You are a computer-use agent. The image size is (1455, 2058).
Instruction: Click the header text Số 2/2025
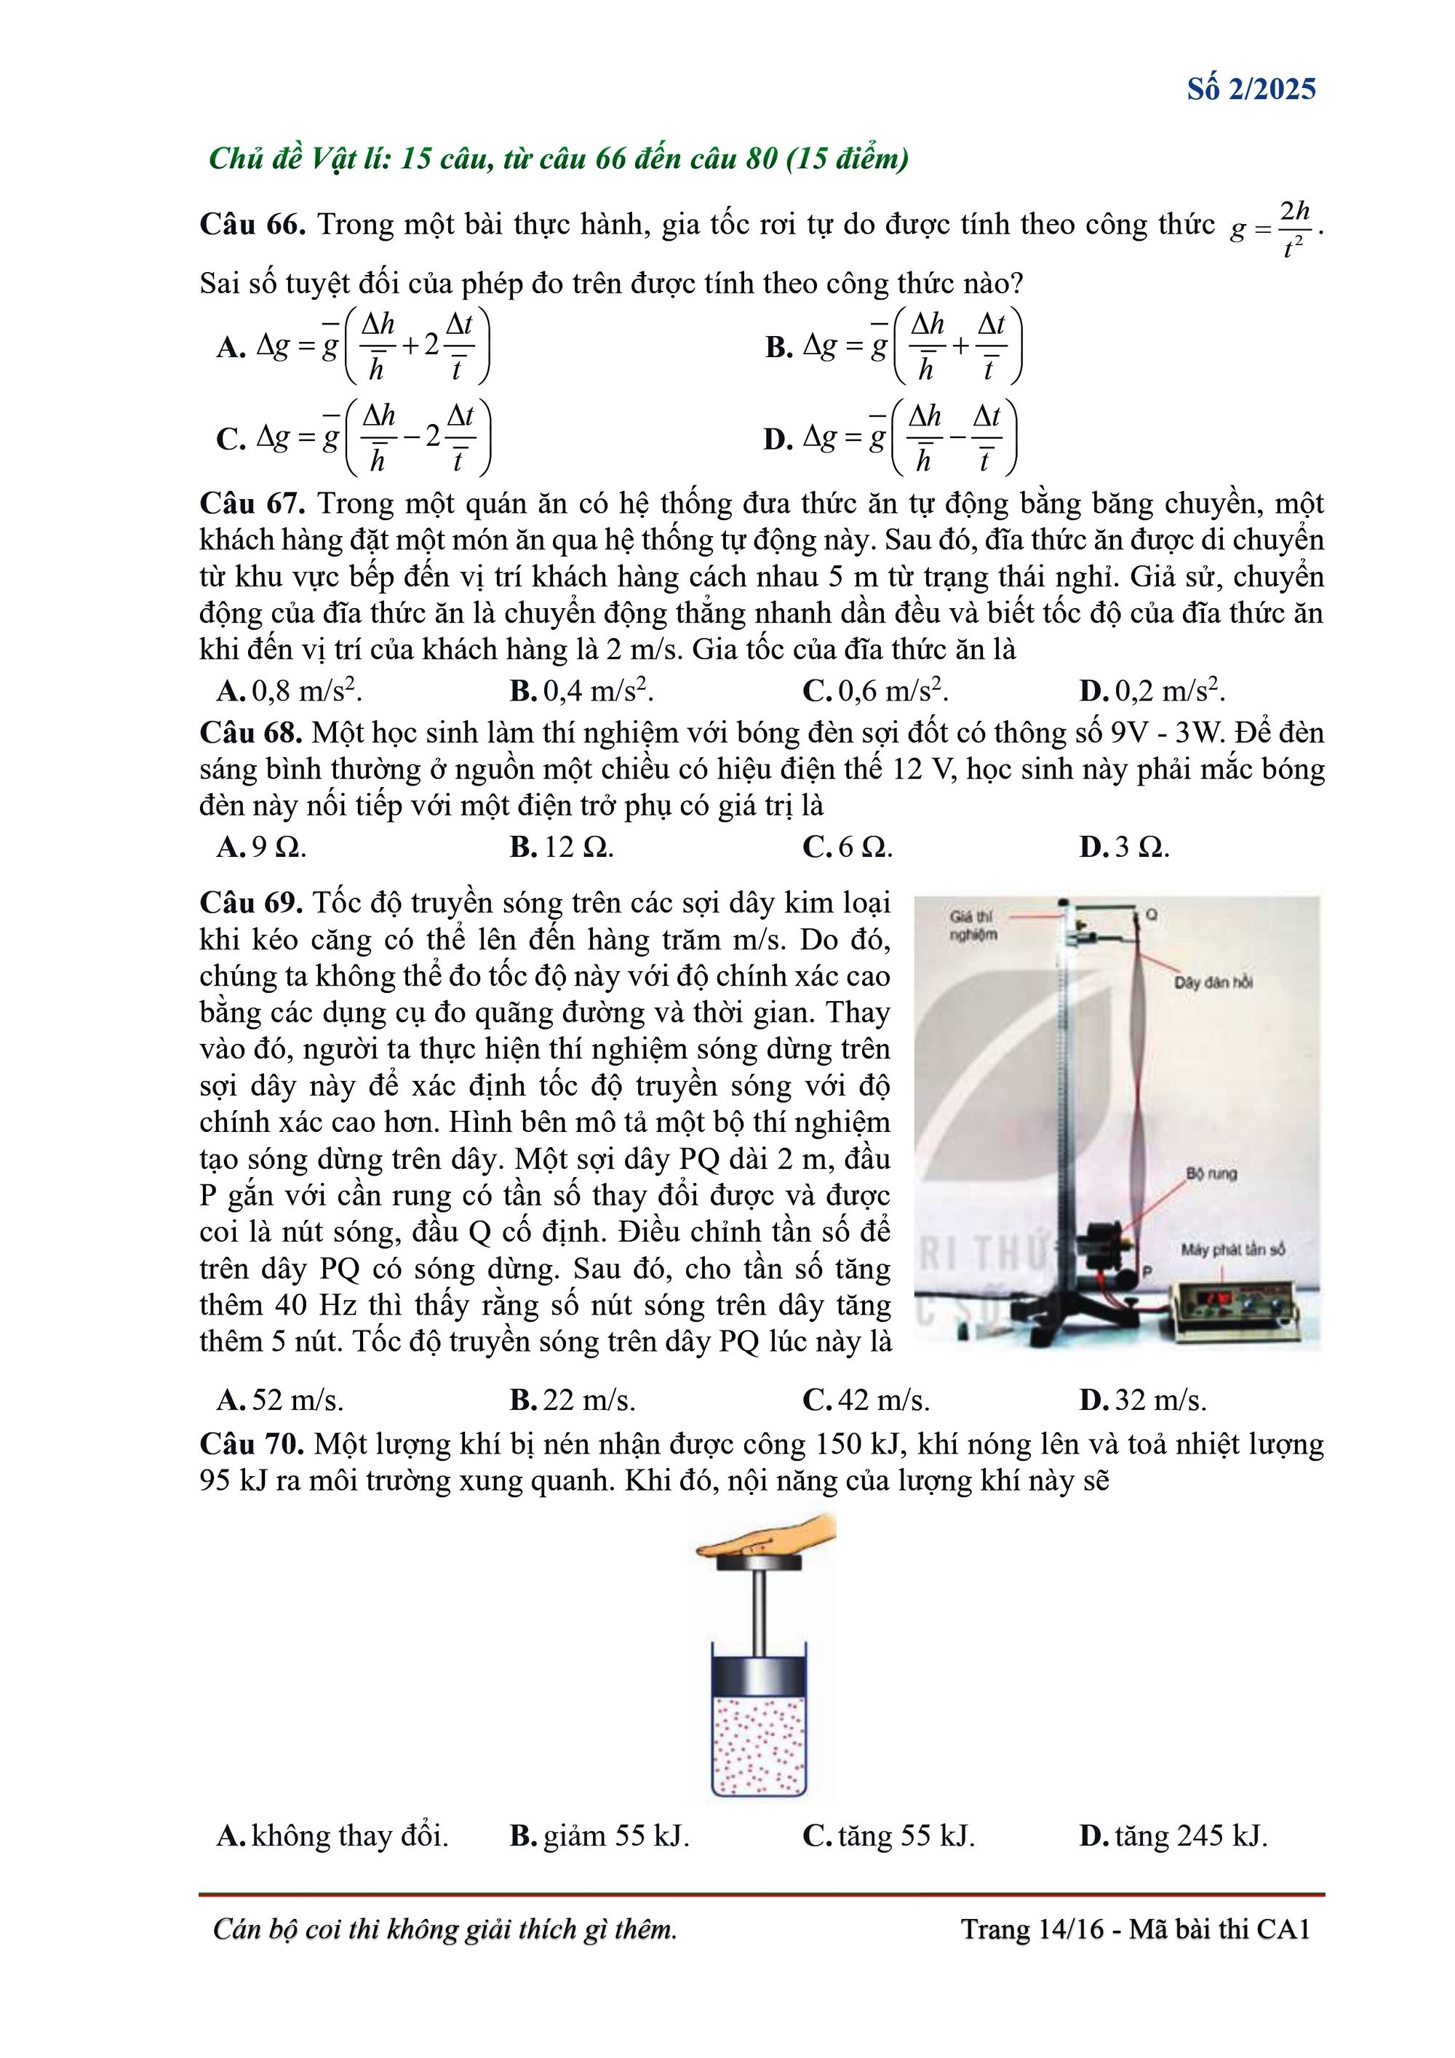click(x=1251, y=89)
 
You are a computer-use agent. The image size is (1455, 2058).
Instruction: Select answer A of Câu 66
click(x=354, y=346)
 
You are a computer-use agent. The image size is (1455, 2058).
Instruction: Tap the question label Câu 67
click(x=252, y=503)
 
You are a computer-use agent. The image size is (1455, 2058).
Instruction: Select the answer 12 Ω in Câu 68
click(x=562, y=846)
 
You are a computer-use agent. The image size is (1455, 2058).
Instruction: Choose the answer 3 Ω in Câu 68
click(x=1125, y=846)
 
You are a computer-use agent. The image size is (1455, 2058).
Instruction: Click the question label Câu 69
click(x=251, y=902)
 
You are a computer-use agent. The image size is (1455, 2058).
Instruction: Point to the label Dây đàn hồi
click(x=1213, y=982)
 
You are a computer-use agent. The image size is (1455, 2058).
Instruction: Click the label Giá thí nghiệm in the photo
click(x=973, y=925)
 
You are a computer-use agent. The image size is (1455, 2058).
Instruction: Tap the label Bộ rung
click(x=1211, y=1173)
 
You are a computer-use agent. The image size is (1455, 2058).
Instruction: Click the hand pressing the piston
click(x=771, y=1536)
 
